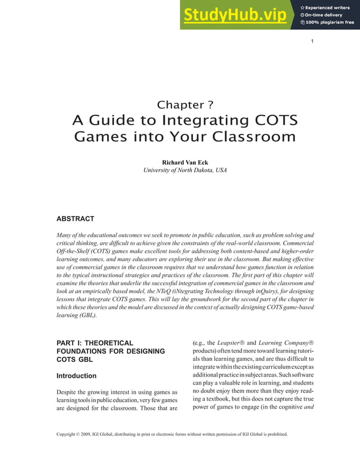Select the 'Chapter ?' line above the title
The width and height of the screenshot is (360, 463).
[x=185, y=104]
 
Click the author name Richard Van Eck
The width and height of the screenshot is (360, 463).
[x=185, y=163]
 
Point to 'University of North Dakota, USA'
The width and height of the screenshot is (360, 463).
[x=185, y=170]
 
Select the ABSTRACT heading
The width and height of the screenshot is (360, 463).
[x=75, y=219]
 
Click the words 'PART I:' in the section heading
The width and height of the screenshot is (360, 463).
[x=72, y=343]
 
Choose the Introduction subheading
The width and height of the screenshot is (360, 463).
[x=76, y=375]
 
